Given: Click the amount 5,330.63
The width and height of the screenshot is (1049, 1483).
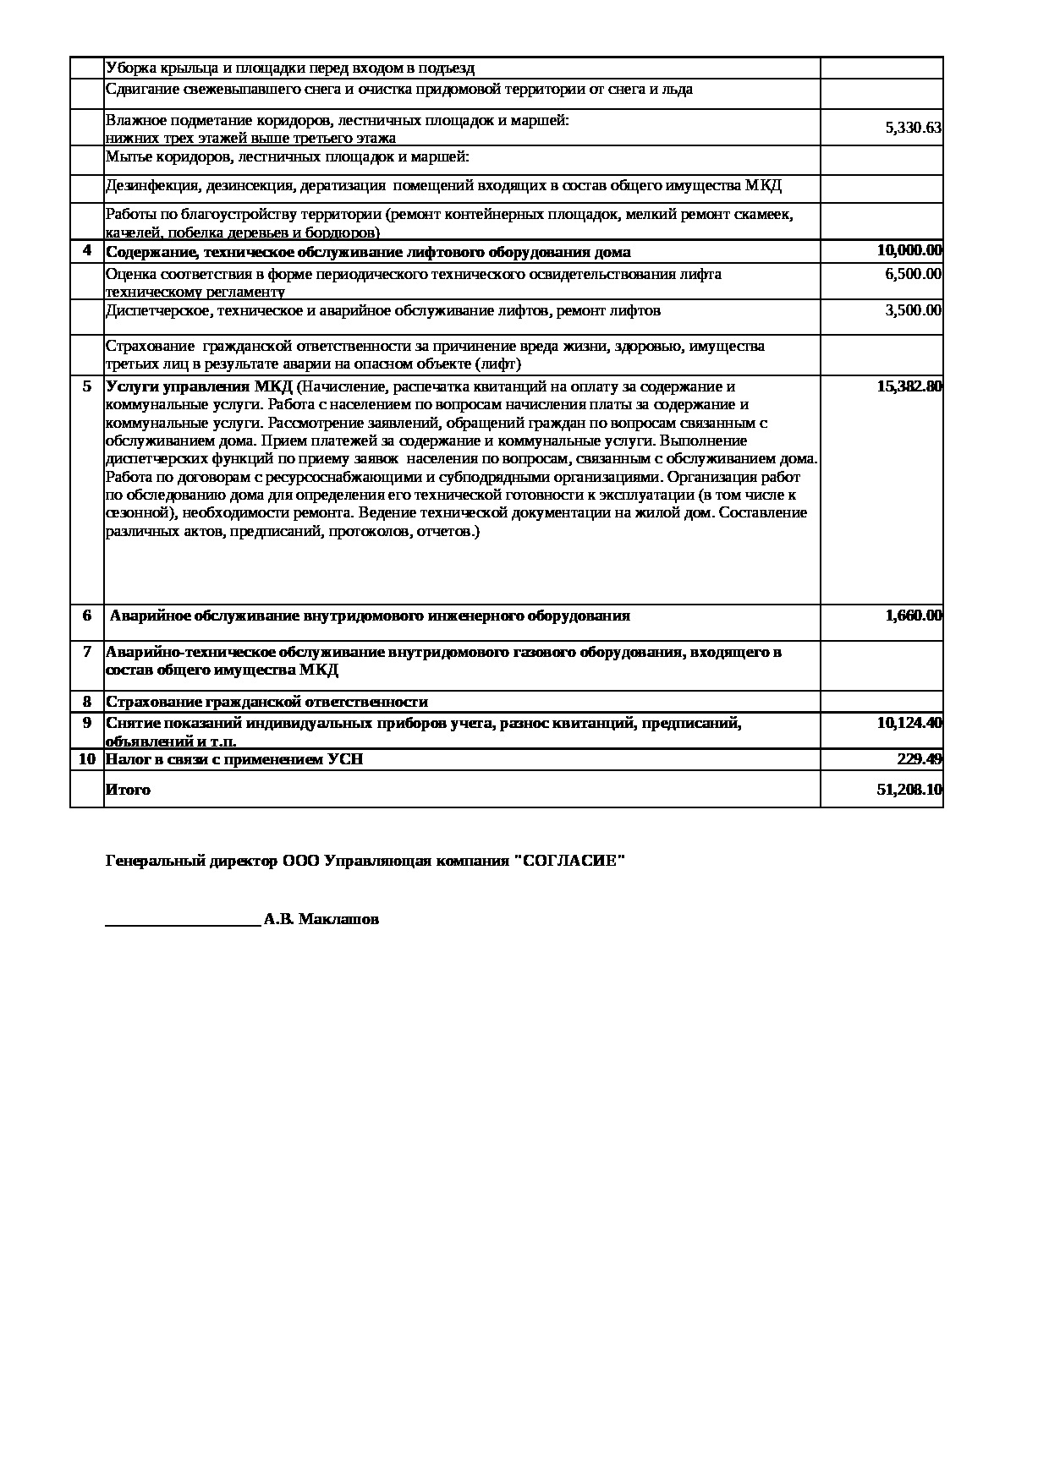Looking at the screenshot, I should point(913,129).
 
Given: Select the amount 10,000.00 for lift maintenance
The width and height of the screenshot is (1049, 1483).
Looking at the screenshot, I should point(909,250).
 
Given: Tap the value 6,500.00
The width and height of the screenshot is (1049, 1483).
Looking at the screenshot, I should point(913,274).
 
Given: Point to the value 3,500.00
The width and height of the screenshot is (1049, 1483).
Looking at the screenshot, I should point(913,310).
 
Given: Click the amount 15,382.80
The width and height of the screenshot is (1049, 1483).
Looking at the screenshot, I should point(909,386).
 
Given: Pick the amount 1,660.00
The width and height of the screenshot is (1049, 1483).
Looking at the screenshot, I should point(913,616).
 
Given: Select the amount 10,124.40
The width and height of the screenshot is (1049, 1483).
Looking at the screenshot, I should point(909,723).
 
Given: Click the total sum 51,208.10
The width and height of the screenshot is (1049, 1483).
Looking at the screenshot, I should point(909,790).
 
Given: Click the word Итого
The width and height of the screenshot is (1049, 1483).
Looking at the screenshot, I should point(128,790).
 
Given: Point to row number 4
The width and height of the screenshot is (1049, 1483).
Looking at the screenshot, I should point(86,250).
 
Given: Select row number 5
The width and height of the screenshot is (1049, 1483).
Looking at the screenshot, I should point(86,386).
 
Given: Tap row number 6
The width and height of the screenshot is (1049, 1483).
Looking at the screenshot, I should point(86,616).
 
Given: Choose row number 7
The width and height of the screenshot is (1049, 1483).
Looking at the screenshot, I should point(86,652).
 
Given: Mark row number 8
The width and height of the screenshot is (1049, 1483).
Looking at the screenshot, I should point(86,702).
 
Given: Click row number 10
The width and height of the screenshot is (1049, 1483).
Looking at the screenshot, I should point(86,759).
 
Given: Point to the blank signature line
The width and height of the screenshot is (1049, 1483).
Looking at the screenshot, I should point(182,924).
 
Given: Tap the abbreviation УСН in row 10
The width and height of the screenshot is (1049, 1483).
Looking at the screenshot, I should point(345,759).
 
